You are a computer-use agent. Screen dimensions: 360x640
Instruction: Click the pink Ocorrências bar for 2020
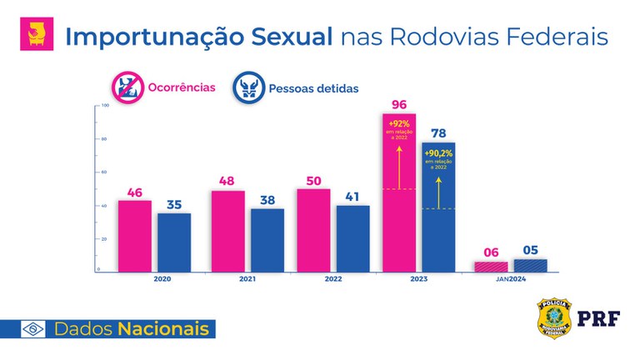tap(134, 236)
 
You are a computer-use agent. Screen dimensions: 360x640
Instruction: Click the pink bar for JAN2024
tap(490, 267)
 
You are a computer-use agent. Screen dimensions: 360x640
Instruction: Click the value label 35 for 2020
tap(174, 202)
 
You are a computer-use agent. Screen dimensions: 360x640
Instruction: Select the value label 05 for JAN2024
tap(530, 249)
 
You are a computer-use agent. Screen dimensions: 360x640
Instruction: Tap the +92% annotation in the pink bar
tap(398, 122)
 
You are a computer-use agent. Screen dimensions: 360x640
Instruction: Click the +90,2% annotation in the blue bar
tap(439, 153)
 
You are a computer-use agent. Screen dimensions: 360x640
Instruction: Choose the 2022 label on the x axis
tap(334, 280)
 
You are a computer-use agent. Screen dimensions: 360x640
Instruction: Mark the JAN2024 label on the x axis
tap(509, 280)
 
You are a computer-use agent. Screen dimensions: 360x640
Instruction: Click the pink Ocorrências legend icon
tap(127, 87)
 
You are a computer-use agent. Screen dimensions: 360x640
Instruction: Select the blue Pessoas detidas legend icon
tap(249, 87)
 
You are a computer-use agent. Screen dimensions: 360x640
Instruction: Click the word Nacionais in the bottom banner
tap(163, 328)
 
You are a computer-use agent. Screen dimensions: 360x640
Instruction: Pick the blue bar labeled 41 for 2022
tap(353, 238)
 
